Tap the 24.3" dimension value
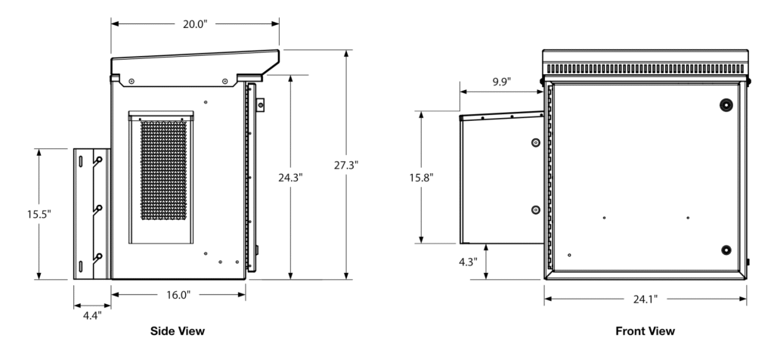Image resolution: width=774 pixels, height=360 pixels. coord(290,178)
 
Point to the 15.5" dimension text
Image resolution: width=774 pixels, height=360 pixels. coord(38,214)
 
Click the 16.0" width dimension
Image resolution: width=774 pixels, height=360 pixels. coord(178,295)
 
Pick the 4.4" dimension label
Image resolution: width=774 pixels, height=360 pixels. coord(91,315)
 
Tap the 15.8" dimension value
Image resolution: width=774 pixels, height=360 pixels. coord(421,177)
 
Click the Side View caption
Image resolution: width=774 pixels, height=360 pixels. coord(178,331)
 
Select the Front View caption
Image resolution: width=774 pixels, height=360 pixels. coord(645,331)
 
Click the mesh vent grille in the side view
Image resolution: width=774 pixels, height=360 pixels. coord(163,171)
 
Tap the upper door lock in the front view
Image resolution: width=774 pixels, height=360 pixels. coord(726,104)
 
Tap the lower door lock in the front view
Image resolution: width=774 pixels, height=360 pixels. coord(726,250)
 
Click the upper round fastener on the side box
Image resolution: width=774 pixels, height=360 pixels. coord(535,142)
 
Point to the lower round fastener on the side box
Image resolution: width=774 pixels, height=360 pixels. coord(535,209)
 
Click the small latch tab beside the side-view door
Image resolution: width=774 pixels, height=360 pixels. coord(260,105)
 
